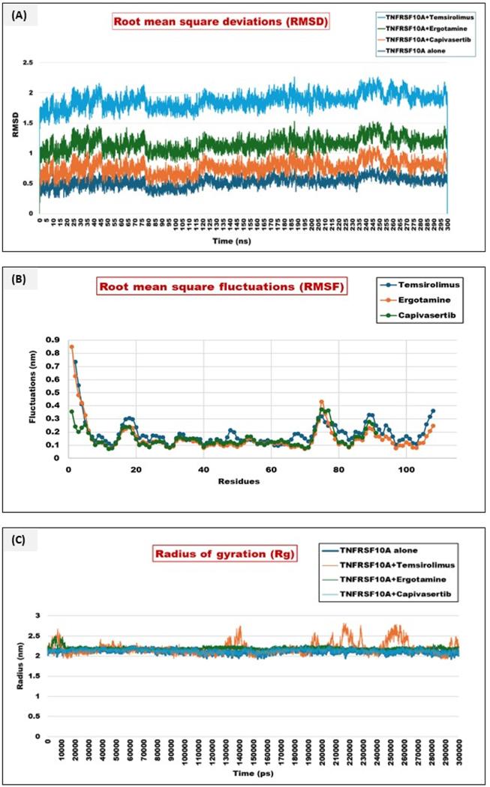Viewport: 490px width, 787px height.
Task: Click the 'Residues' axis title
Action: click(240, 480)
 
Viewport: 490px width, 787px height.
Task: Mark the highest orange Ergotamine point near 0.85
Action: click(71, 347)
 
